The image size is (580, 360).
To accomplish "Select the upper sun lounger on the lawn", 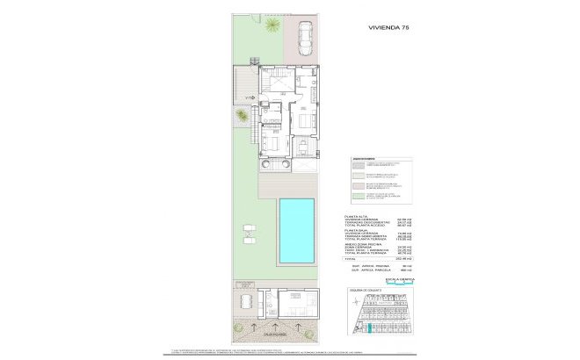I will [x=249, y=231].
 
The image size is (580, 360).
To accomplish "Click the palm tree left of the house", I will [x=241, y=116].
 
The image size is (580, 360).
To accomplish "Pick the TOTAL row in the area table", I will [x=352, y=257].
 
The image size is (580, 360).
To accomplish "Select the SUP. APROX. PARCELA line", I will [x=368, y=270].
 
